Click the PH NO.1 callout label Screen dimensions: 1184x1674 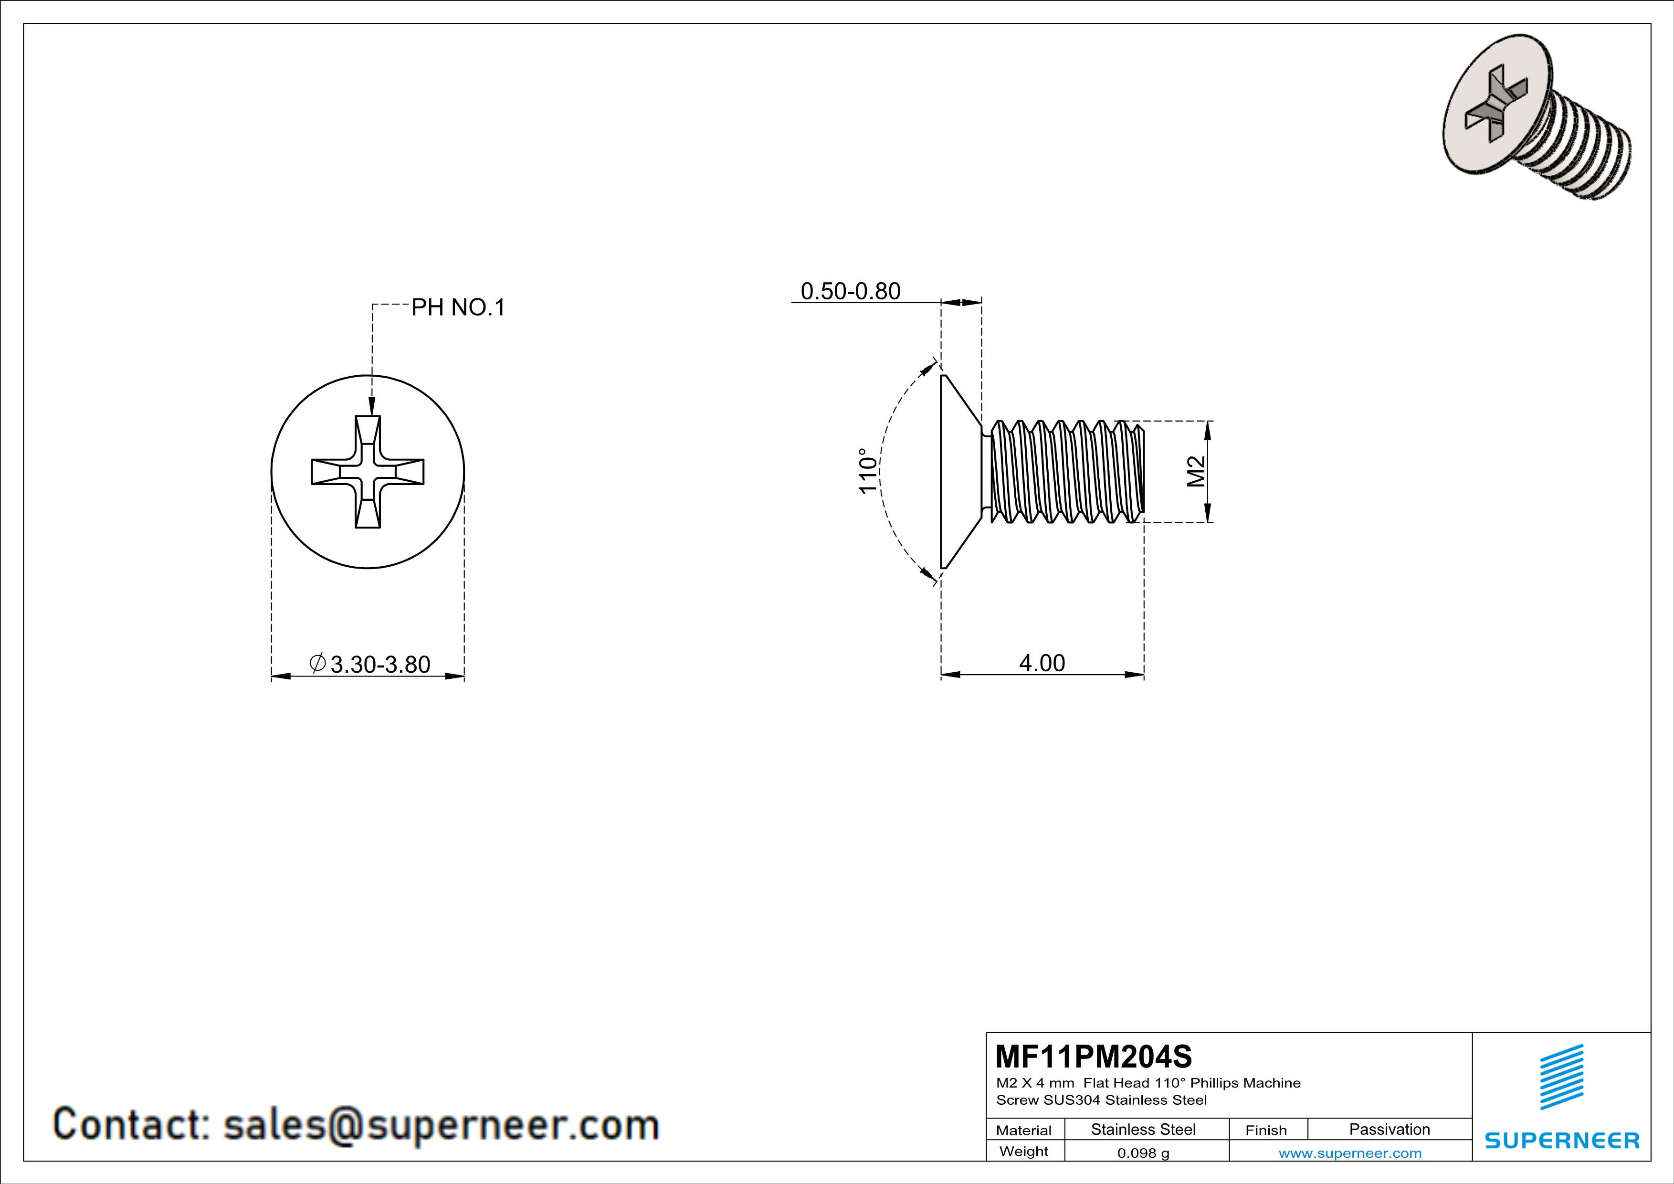click(458, 307)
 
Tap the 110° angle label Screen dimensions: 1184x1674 click(868, 471)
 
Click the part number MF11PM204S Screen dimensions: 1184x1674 click(1094, 1056)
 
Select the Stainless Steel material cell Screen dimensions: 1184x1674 click(1143, 1129)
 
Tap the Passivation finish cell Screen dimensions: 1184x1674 click(1390, 1129)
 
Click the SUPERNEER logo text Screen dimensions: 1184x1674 click(1562, 1140)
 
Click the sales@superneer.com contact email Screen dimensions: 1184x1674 click(441, 1125)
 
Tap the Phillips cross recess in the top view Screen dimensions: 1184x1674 click(368, 472)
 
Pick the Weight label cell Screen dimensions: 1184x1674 click(1024, 1151)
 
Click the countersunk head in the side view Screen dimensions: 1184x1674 click(959, 472)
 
